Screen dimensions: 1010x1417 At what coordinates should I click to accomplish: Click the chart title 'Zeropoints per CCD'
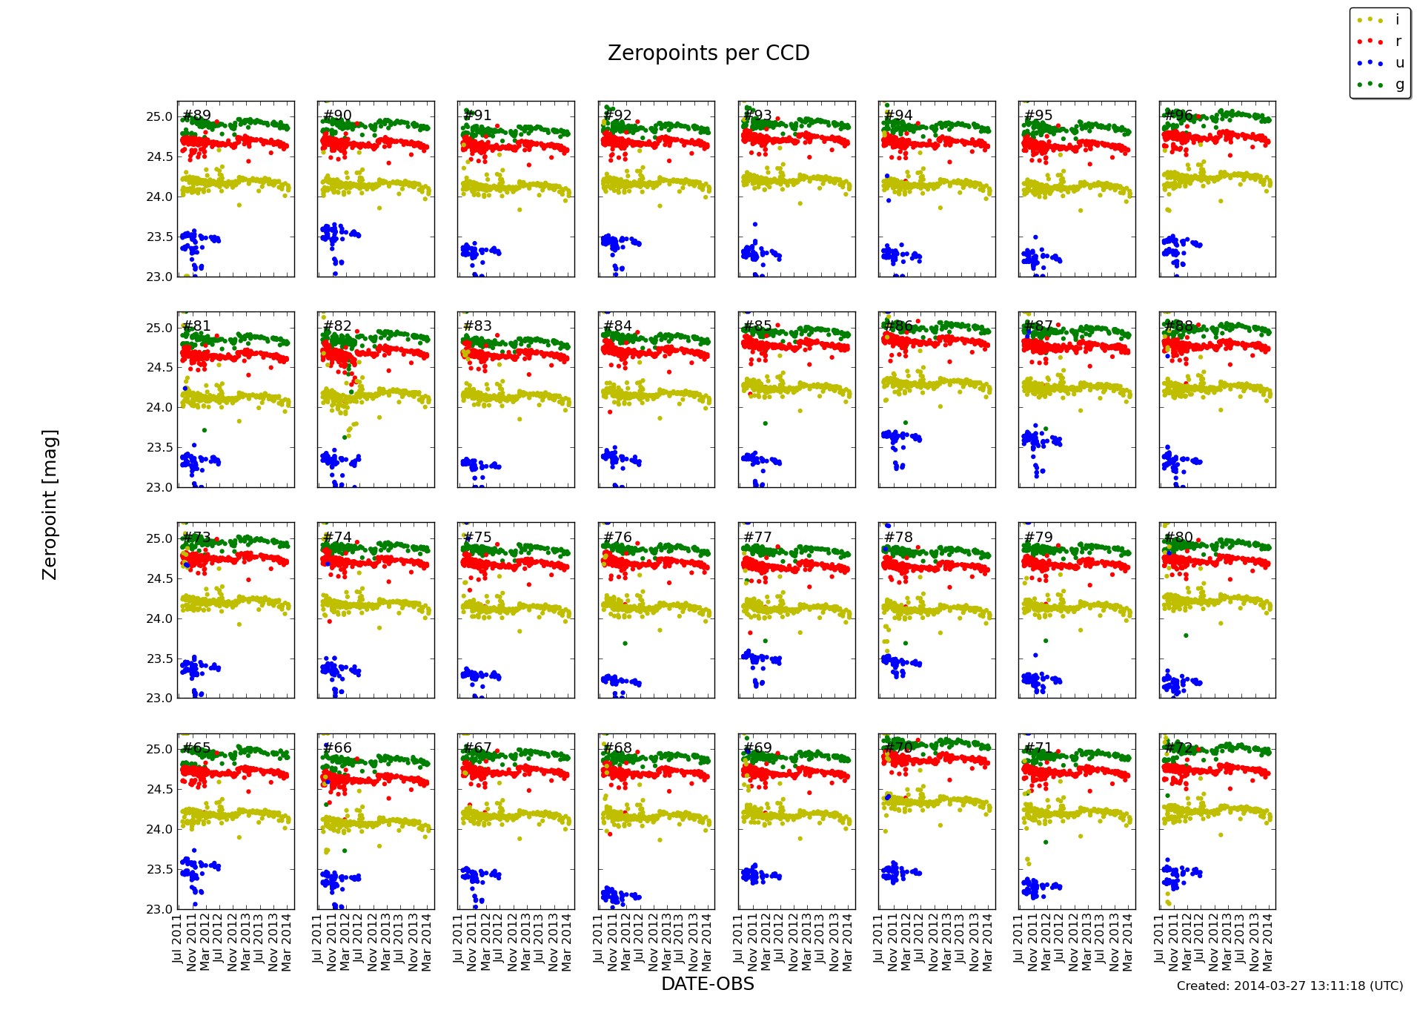pyautogui.click(x=708, y=53)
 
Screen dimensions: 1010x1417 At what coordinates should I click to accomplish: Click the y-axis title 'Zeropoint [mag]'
pyautogui.click(x=50, y=504)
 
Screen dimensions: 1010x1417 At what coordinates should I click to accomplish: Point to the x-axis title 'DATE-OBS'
pyautogui.click(x=707, y=984)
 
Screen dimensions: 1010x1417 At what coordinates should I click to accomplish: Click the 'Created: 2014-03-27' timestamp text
pyautogui.click(x=1290, y=986)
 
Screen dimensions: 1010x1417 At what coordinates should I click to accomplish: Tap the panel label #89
pyautogui.click(x=196, y=116)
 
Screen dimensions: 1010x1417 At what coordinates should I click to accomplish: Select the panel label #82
pyautogui.click(x=337, y=326)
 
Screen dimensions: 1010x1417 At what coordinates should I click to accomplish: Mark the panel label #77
pyautogui.click(x=757, y=538)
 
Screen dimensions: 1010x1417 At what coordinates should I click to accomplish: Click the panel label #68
pyautogui.click(x=617, y=748)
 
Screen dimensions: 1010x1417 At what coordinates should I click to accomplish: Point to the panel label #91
pyautogui.click(x=477, y=116)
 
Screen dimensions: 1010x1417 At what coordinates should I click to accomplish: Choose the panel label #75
pyautogui.click(x=477, y=538)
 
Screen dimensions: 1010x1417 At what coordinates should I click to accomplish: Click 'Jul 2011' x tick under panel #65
pyautogui.click(x=178, y=939)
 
